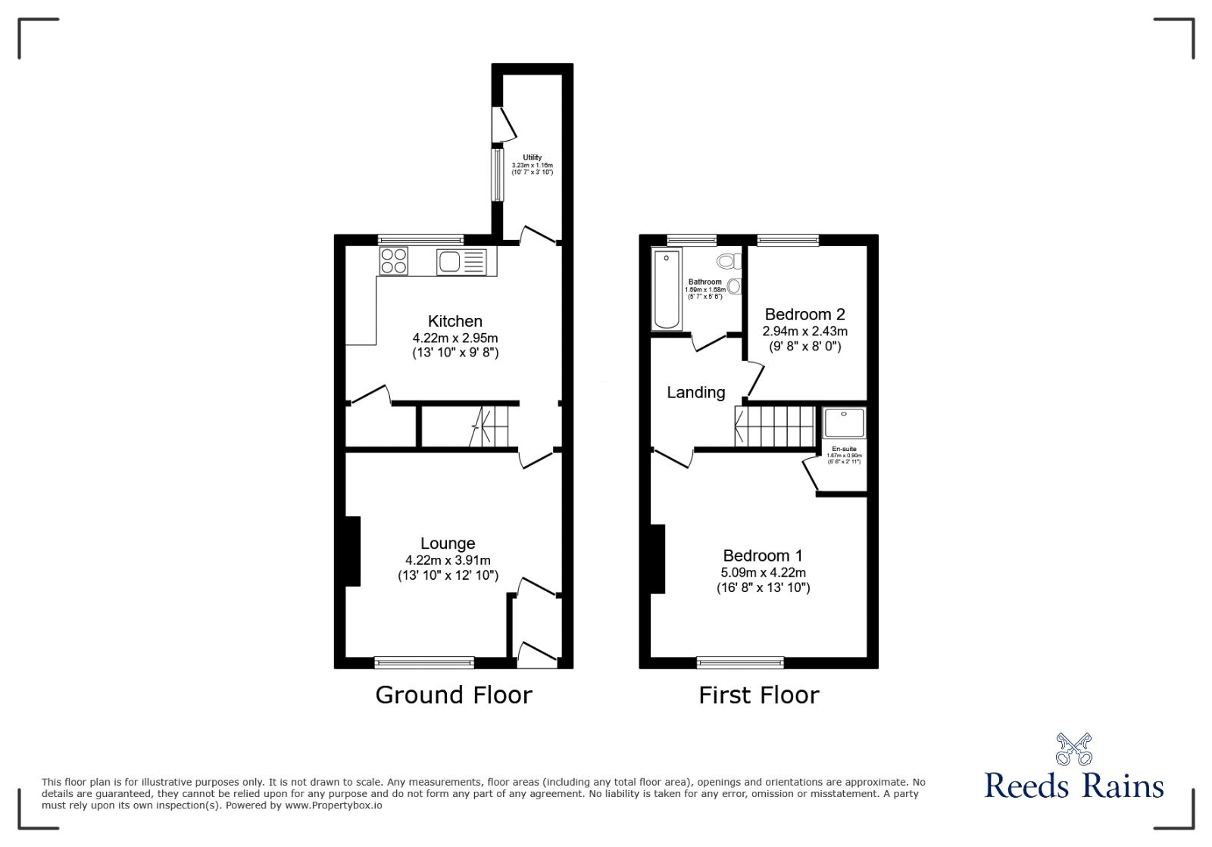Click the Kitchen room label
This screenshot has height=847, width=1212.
click(454, 321)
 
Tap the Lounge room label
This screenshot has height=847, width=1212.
click(448, 543)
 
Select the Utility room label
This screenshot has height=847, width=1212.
click(533, 157)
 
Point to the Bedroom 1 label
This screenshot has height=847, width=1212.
click(763, 556)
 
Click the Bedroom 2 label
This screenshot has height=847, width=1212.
click(804, 314)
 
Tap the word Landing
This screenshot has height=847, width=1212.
click(695, 392)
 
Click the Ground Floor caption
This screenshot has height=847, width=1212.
click(454, 695)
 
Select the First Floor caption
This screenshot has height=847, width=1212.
click(758, 695)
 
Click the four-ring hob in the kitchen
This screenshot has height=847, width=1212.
click(394, 261)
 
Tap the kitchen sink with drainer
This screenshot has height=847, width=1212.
click(461, 262)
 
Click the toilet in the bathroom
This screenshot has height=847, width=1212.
click(729, 262)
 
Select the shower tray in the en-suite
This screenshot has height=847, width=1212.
click(845, 422)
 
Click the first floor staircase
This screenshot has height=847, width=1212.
click(776, 426)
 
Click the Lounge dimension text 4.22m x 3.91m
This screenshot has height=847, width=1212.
click(448, 561)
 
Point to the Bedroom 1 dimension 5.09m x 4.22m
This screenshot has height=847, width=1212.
click(763, 573)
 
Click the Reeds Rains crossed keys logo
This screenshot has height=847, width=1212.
click(1073, 749)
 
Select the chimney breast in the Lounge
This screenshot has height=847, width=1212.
click(352, 551)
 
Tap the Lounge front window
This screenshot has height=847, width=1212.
click(424, 663)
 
